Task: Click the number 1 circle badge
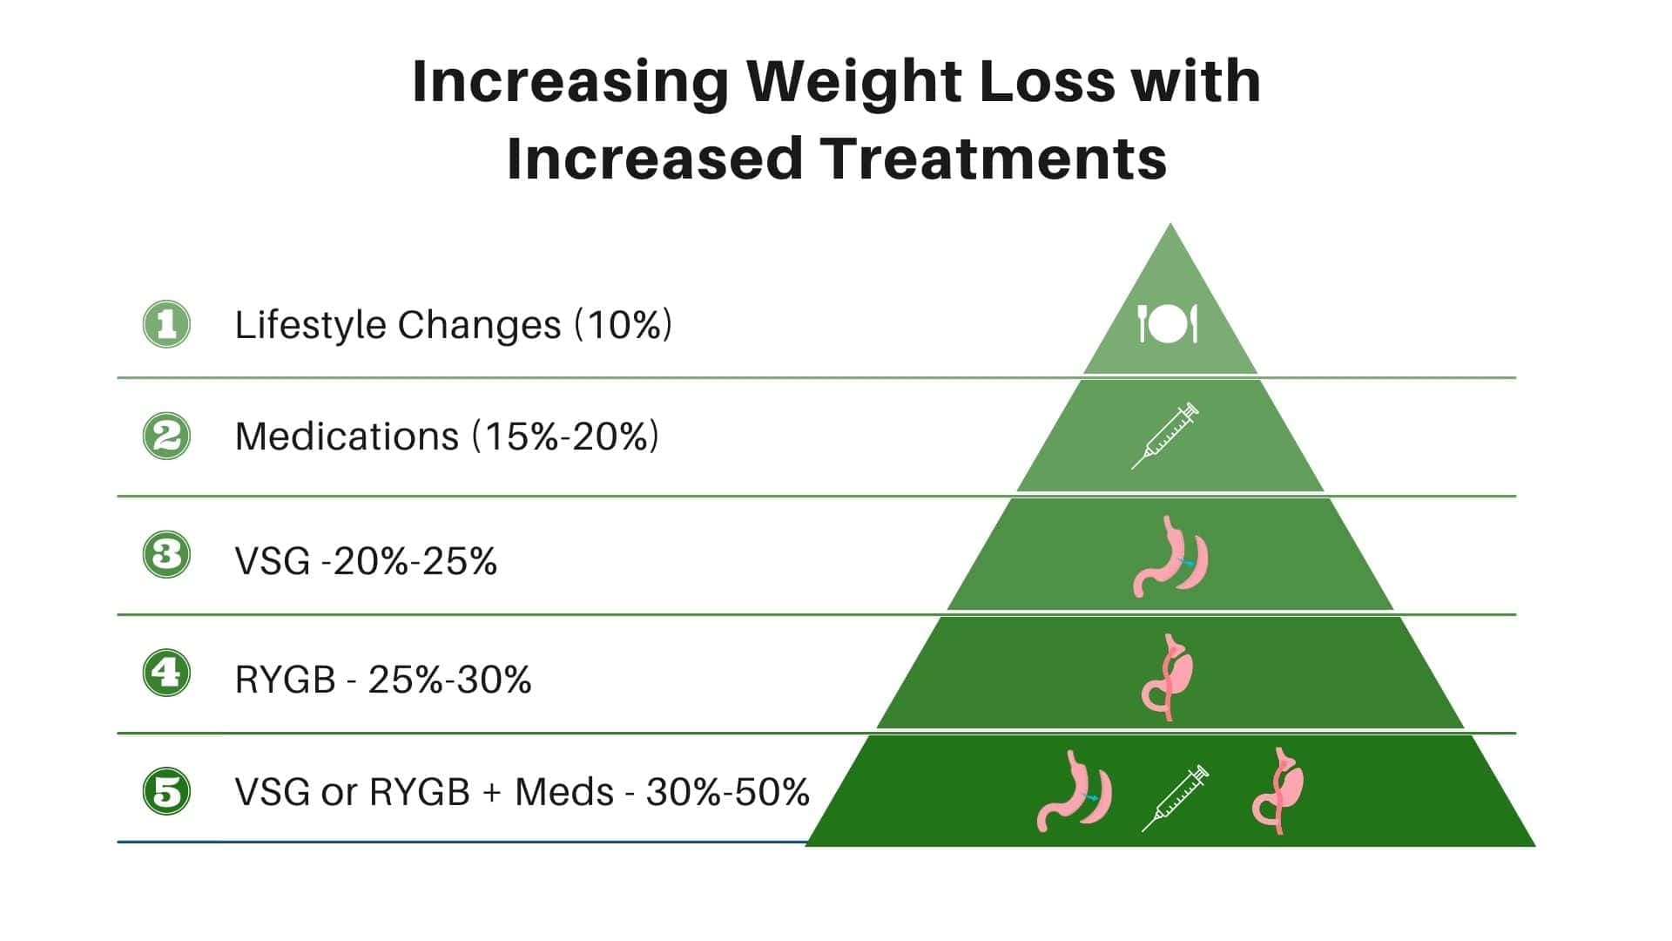[166, 324]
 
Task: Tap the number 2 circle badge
[166, 436]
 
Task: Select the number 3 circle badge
[166, 554]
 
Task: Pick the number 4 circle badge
[166, 673]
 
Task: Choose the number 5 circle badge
[166, 791]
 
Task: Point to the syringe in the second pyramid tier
[1165, 436]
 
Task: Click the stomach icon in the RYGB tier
[1167, 677]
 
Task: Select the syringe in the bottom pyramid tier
[1175, 797]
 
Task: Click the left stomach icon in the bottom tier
[1074, 791]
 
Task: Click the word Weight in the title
[856, 81]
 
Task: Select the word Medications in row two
[347, 437]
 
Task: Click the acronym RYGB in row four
[286, 680]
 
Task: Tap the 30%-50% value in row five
[728, 792]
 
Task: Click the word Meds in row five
[564, 792]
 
